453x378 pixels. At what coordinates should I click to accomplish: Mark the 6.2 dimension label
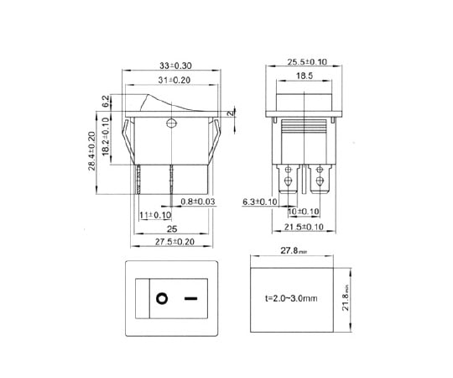tap(106, 102)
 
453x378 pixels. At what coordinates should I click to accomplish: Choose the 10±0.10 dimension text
tap(304, 212)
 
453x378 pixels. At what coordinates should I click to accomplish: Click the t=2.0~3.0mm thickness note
tap(291, 298)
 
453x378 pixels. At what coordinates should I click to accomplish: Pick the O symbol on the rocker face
tap(159, 297)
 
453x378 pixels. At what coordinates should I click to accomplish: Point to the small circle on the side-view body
tap(172, 126)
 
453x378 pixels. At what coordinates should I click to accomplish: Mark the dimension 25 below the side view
tap(171, 228)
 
